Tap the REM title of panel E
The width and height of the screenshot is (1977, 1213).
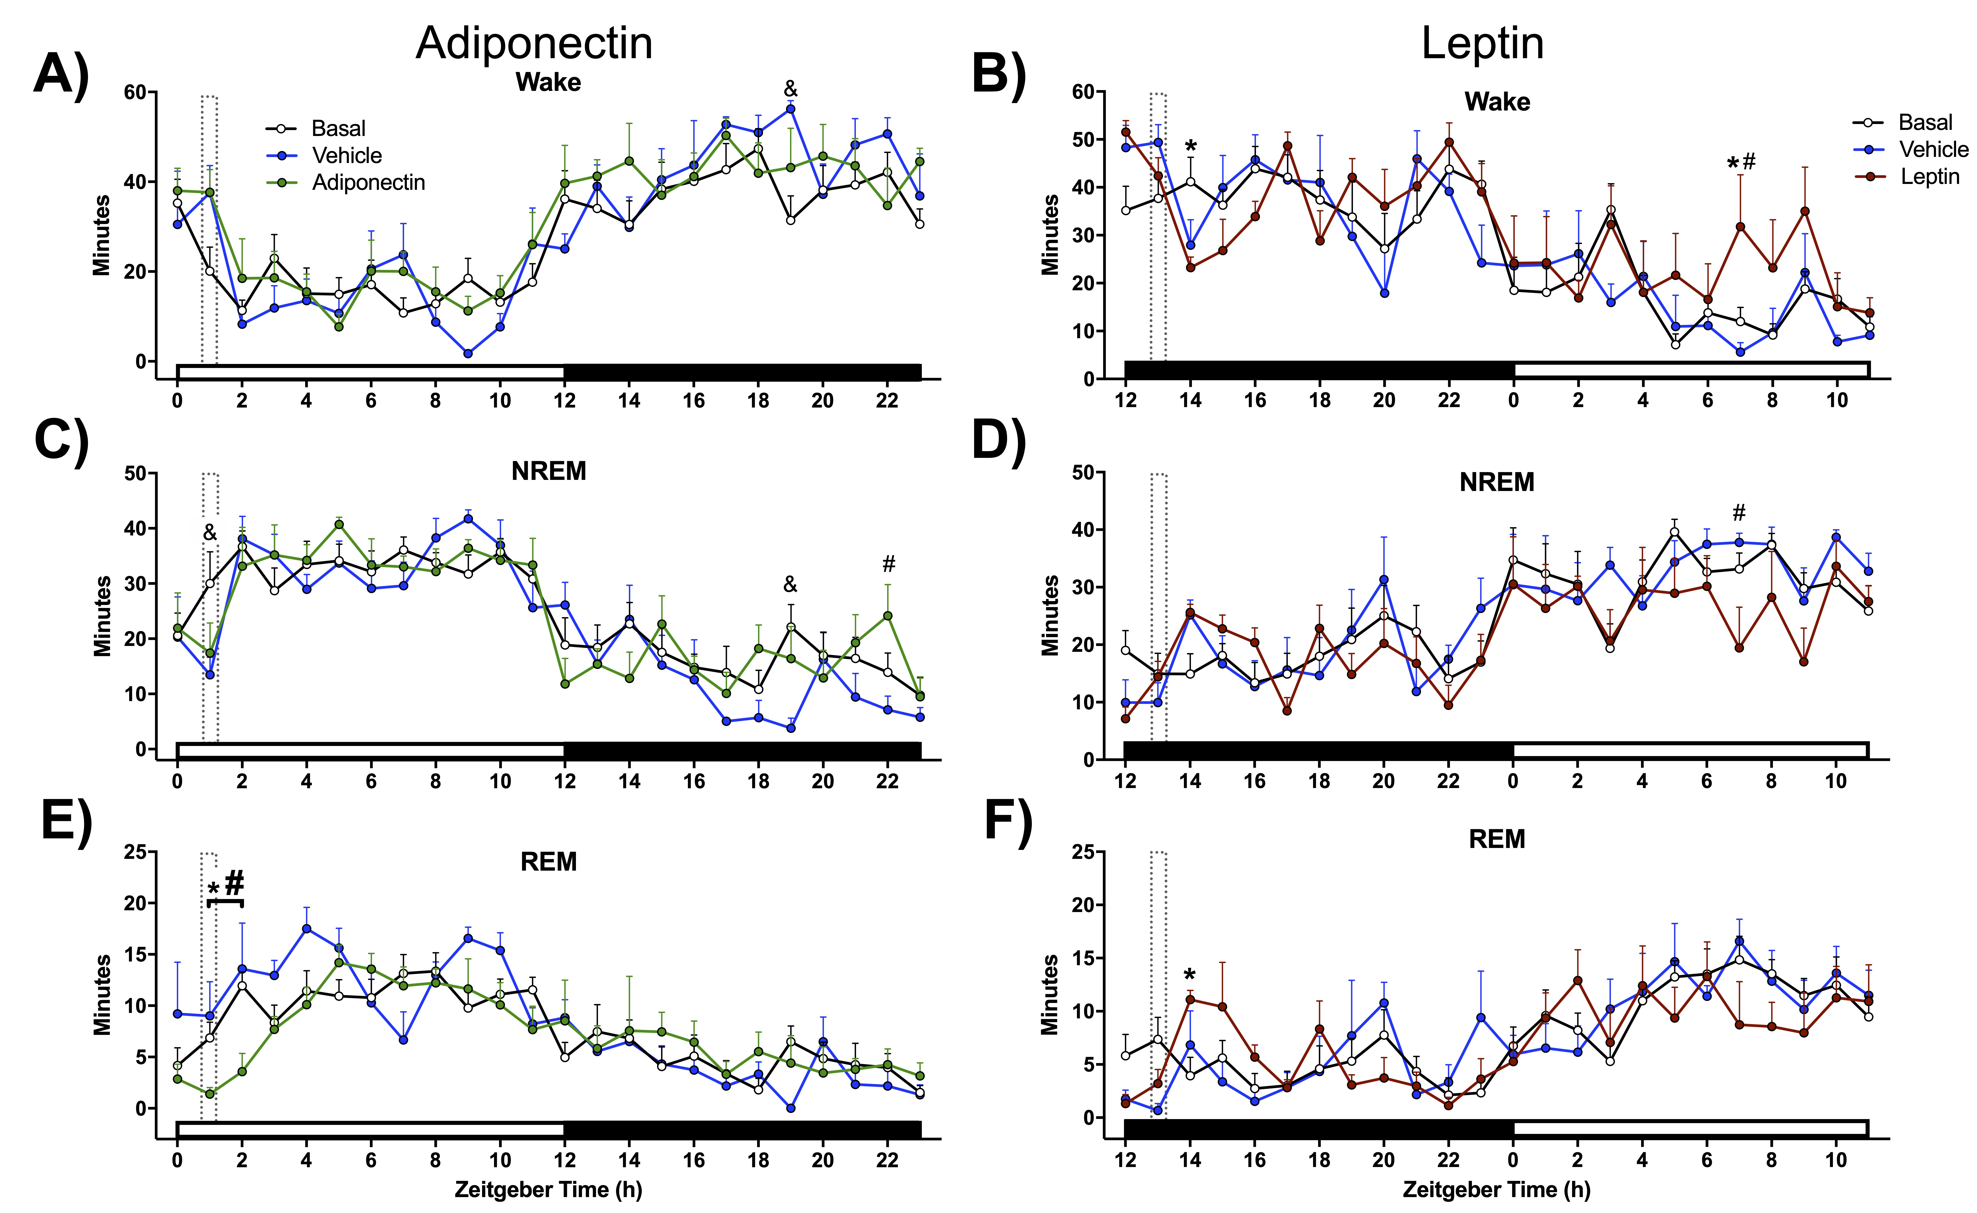point(549,861)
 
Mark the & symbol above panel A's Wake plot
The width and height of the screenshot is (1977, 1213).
point(790,88)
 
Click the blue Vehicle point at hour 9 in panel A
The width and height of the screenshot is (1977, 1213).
point(468,353)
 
